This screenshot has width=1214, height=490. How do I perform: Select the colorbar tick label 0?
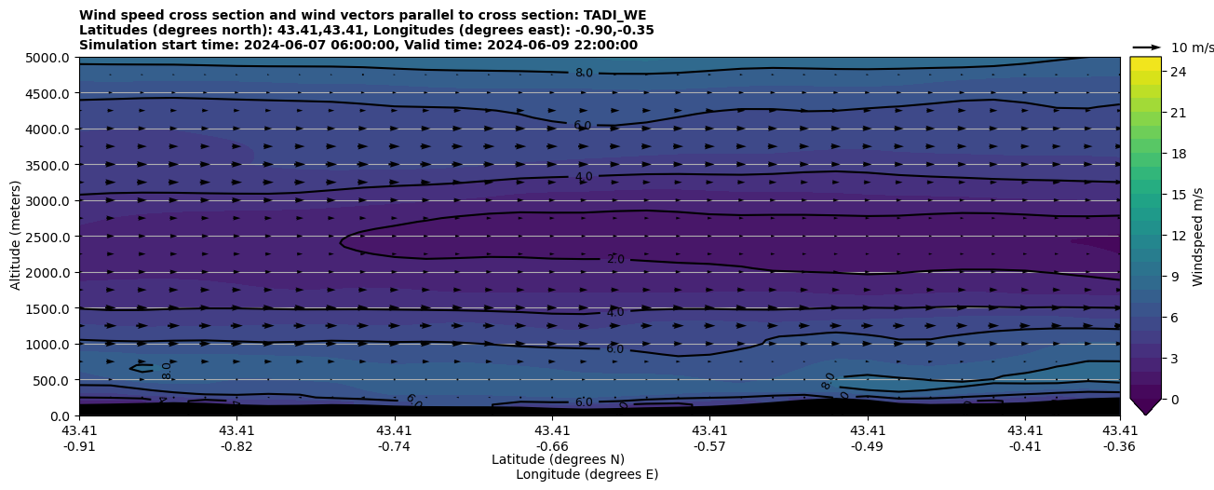tap(1174, 399)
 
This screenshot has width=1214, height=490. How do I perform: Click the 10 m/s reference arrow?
tap(1147, 47)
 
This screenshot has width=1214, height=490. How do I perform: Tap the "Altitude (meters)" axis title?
tap(16, 237)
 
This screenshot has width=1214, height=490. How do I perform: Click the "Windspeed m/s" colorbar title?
tap(1198, 237)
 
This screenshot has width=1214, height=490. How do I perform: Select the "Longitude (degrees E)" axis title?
tap(587, 474)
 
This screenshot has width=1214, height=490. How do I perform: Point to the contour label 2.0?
tap(615, 260)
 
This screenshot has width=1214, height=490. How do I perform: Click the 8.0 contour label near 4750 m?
tap(584, 74)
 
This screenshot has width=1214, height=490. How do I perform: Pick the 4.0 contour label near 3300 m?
tap(584, 177)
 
